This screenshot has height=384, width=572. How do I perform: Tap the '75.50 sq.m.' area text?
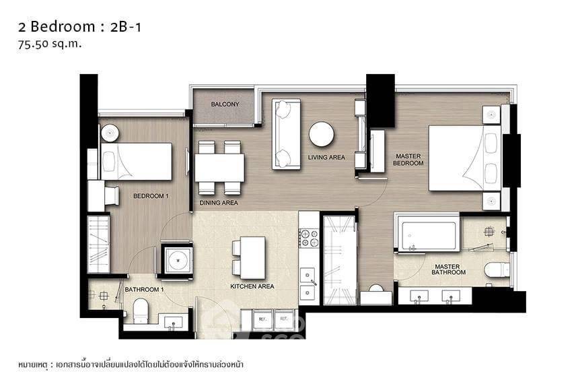(x=51, y=44)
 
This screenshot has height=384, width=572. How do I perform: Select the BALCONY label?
(x=225, y=104)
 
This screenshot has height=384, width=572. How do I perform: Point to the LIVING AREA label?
(x=326, y=158)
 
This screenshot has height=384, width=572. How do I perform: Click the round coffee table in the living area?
(x=322, y=133)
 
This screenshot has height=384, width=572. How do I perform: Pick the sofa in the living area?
(x=286, y=134)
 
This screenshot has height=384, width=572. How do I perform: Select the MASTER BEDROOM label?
(x=408, y=159)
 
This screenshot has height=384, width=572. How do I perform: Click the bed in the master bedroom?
(x=463, y=158)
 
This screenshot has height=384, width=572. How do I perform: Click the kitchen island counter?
(x=253, y=257)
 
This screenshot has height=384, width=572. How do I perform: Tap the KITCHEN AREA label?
(x=252, y=286)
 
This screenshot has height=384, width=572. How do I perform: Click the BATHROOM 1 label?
(x=144, y=290)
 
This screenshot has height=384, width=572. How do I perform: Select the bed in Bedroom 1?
(x=137, y=162)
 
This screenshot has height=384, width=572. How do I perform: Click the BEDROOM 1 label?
(x=151, y=196)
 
